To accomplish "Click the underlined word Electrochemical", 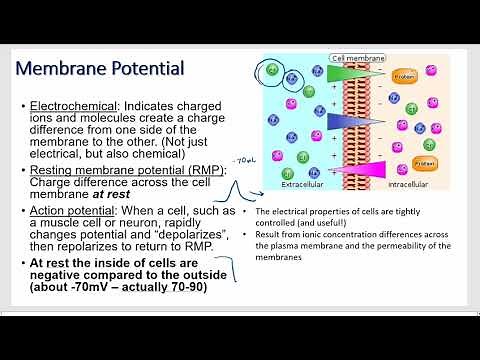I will (70, 105).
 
